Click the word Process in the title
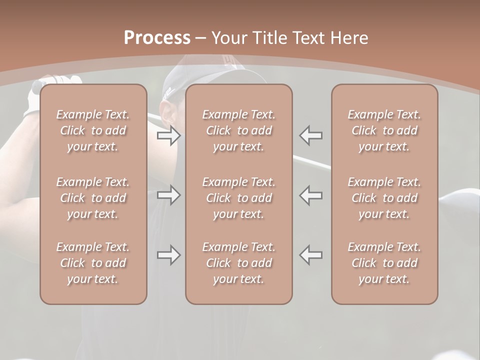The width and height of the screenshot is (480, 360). point(157,38)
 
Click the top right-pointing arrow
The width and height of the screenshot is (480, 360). point(169,135)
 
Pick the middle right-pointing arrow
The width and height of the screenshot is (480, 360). point(169,195)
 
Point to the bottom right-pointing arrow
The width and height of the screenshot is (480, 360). point(169,255)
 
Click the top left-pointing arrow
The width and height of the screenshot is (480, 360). point(311,135)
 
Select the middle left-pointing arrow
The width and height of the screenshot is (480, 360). point(311,195)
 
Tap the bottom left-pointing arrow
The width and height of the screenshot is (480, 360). point(311,255)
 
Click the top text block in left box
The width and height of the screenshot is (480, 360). point(93,130)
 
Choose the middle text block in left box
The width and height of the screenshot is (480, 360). point(93,198)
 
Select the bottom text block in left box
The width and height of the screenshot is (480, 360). point(93,263)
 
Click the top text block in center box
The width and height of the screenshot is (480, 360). point(239,130)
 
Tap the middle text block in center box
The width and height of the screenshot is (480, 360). point(239,198)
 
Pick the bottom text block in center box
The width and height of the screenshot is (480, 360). point(239,263)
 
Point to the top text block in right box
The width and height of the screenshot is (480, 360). point(384,130)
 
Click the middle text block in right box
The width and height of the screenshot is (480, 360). point(384,198)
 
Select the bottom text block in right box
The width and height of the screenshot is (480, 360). point(384,263)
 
